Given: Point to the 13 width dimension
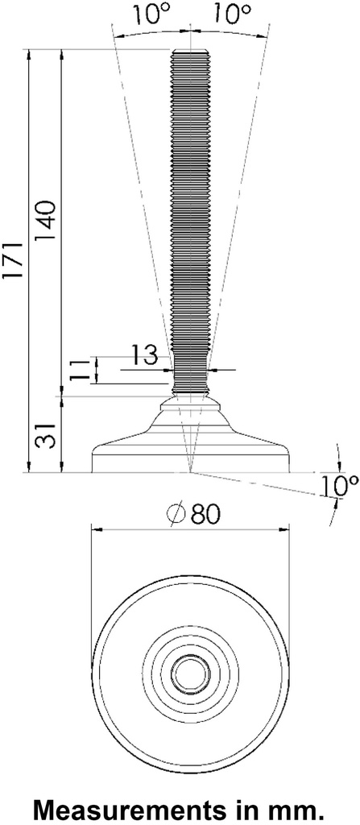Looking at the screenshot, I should click(143, 356).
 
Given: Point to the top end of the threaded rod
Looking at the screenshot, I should click(190, 52).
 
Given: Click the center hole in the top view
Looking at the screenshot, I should click(190, 671).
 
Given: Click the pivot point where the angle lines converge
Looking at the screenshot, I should click(190, 471).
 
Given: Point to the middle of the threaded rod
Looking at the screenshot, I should click(190, 209).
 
